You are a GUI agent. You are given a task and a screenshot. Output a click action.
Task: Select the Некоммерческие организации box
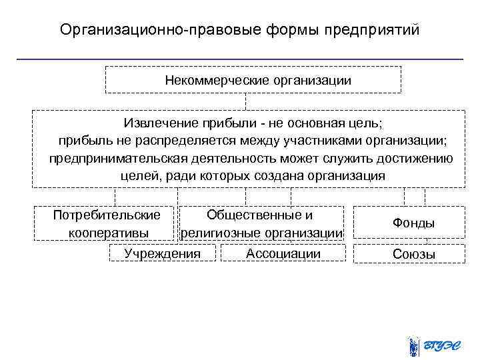tap(253, 80)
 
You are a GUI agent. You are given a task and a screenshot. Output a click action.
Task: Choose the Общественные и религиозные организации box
tap(261, 223)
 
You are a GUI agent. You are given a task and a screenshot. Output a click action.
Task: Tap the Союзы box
tap(413, 254)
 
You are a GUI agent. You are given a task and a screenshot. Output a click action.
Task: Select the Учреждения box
tap(163, 253)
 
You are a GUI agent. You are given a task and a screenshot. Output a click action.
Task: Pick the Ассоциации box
tap(283, 253)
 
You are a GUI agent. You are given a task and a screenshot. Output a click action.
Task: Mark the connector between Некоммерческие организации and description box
tap(245, 102)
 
